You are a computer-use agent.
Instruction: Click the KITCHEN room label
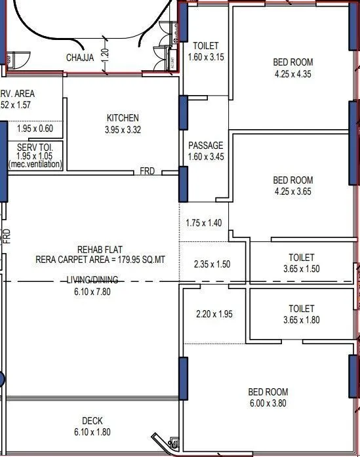pyautogui.click(x=123, y=118)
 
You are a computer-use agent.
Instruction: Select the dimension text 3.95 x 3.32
pyautogui.click(x=123, y=130)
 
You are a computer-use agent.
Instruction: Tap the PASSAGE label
pyautogui.click(x=206, y=146)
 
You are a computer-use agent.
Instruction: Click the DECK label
pyautogui.click(x=92, y=421)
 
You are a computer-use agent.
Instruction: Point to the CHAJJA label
pyautogui.click(x=80, y=58)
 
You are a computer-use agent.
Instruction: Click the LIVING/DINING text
pyautogui.click(x=92, y=281)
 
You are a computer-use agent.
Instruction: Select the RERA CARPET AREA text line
pyautogui.click(x=100, y=260)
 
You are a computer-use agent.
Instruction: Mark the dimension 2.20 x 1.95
pyautogui.click(x=214, y=314)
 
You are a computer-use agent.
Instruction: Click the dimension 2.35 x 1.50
pyautogui.click(x=213, y=264)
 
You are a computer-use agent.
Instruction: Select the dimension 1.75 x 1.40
pyautogui.click(x=204, y=223)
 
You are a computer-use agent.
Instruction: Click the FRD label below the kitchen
pyautogui.click(x=148, y=171)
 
